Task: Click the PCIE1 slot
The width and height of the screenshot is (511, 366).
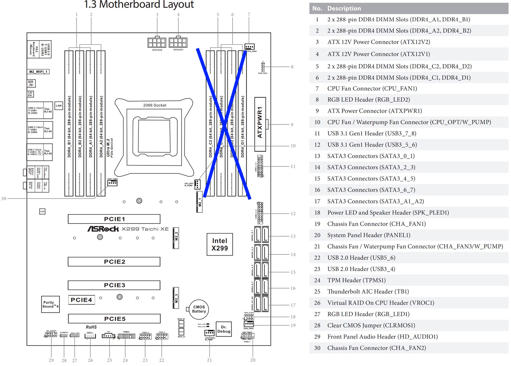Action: click(114, 219)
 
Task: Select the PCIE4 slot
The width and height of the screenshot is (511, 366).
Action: click(81, 300)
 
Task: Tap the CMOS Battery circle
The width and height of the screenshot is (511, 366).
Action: click(199, 309)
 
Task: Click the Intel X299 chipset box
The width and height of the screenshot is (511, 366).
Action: click(220, 244)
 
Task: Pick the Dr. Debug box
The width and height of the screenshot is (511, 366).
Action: click(224, 329)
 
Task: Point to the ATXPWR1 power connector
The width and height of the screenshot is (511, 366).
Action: click(260, 124)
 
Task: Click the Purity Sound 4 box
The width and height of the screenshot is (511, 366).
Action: click(50, 304)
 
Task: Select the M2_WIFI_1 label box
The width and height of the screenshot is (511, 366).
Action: click(38, 72)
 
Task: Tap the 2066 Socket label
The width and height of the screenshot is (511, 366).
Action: click(155, 105)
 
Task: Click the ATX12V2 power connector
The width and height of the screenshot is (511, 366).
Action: click(157, 42)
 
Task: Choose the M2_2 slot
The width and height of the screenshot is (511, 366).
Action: click(176, 238)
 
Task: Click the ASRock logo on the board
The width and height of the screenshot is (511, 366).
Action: click(103, 229)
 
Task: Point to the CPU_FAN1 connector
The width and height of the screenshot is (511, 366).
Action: click(250, 47)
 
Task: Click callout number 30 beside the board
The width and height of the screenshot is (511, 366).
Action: click(4, 198)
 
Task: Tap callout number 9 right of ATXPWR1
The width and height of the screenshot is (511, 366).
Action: click(292, 124)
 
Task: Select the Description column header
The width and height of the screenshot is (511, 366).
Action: click(344, 8)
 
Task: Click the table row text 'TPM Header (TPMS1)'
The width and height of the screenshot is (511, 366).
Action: click(356, 280)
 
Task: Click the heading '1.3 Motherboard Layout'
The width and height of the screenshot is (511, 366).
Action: click(139, 4)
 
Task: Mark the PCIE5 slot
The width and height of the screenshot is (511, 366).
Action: click(114, 319)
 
